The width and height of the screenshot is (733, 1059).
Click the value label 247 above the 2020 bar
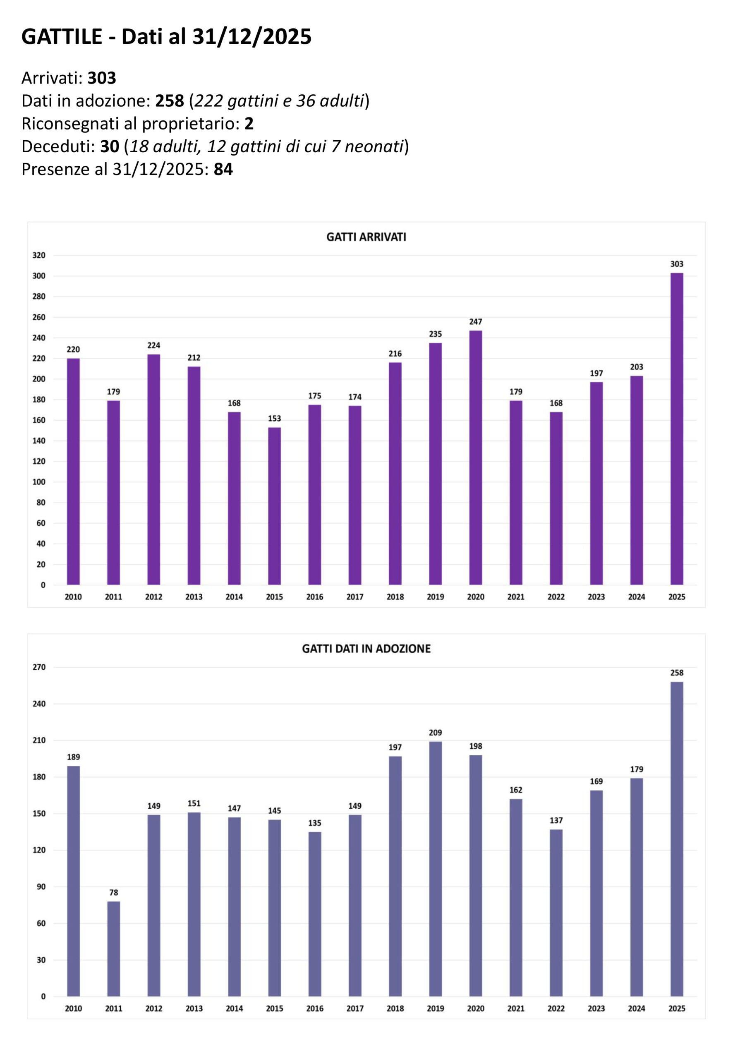(x=475, y=322)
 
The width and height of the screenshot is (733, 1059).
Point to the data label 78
(x=113, y=892)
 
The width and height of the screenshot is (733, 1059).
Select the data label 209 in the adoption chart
(x=436, y=733)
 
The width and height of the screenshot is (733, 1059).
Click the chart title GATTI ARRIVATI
(x=366, y=237)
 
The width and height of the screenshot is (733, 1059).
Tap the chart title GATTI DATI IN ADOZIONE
(x=366, y=649)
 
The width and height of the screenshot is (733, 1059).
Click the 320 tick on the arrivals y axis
(x=39, y=255)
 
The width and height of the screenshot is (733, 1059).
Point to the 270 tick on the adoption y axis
(x=39, y=667)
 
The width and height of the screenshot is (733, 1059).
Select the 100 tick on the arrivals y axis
(x=39, y=482)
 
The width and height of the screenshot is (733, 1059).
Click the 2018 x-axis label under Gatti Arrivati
(x=395, y=597)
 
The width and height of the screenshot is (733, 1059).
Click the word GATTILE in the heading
(x=62, y=37)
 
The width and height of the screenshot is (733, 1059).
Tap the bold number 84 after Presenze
(x=223, y=170)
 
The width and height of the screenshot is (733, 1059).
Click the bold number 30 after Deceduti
(x=110, y=146)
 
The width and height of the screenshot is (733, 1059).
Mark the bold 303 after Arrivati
(x=101, y=78)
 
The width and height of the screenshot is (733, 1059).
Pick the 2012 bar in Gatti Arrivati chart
(x=154, y=470)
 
